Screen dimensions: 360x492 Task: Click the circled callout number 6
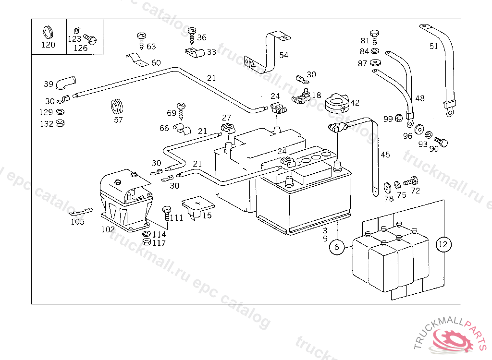[337, 247]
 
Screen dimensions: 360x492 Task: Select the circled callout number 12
[443, 244]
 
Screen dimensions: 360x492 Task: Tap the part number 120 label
[48, 45]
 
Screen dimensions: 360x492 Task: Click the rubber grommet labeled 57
[117, 106]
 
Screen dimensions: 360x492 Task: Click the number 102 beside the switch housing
[108, 229]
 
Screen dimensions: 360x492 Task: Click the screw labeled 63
[142, 40]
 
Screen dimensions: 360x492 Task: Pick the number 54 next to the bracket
[283, 55]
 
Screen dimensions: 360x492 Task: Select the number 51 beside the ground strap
[434, 46]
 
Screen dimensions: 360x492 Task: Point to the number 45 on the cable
[385, 155]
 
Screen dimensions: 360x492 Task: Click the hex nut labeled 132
[60, 123]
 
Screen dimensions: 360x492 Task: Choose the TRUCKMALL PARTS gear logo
[454, 337]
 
